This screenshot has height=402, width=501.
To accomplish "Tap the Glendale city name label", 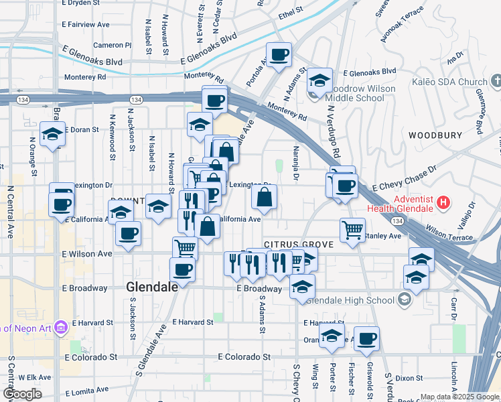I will pos(152,286).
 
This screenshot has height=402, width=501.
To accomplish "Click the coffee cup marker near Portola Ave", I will pos(279,54).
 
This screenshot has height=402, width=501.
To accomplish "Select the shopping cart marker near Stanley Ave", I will pos(352,230).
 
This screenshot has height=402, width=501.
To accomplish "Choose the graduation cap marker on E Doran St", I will pos(52,133).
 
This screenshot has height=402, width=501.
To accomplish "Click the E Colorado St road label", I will pos(244,358).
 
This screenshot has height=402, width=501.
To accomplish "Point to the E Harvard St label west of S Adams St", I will pos(192,322).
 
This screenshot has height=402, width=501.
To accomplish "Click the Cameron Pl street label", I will pos(113,46).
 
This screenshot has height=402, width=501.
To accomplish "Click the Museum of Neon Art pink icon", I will pos(61,327).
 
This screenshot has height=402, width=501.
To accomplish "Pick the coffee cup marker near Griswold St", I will pos(366,338).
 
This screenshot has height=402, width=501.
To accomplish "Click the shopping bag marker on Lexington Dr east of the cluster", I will pos(265,196).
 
